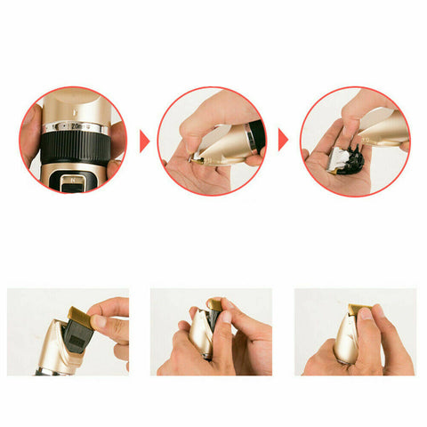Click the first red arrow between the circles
click(144, 141)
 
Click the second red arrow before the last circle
click(284, 141)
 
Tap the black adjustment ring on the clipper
click(74, 142)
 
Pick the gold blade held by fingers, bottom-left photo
click(79, 321)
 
